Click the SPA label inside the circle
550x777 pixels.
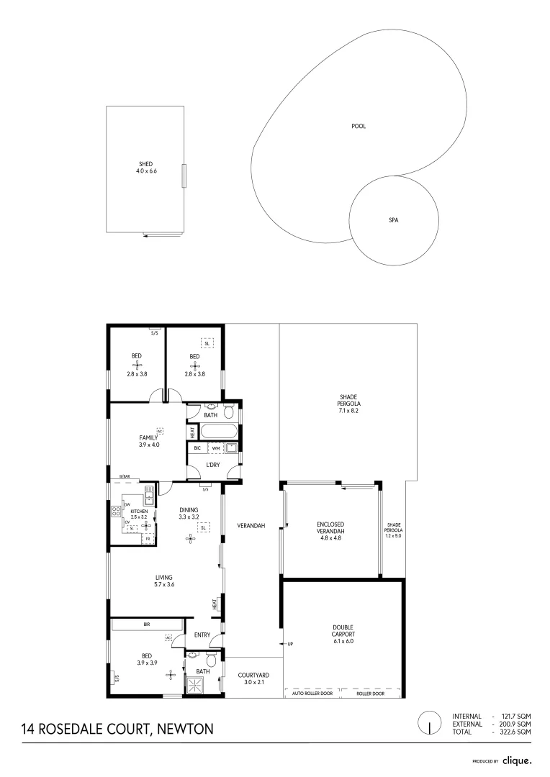click(x=393, y=221)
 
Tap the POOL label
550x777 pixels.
click(x=358, y=127)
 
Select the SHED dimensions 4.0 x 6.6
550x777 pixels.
click(x=146, y=171)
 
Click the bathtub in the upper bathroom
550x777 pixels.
click(x=217, y=432)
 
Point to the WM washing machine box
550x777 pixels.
click(x=215, y=448)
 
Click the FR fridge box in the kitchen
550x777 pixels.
click(x=148, y=539)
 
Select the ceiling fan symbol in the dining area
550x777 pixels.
click(x=191, y=537)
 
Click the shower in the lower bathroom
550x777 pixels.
click(x=196, y=685)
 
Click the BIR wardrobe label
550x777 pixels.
click(x=147, y=624)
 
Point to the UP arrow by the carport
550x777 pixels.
click(x=289, y=643)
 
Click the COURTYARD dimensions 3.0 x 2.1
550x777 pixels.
click(x=246, y=682)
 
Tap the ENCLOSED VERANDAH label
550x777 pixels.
click(x=330, y=528)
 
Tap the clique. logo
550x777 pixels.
click(x=517, y=760)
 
